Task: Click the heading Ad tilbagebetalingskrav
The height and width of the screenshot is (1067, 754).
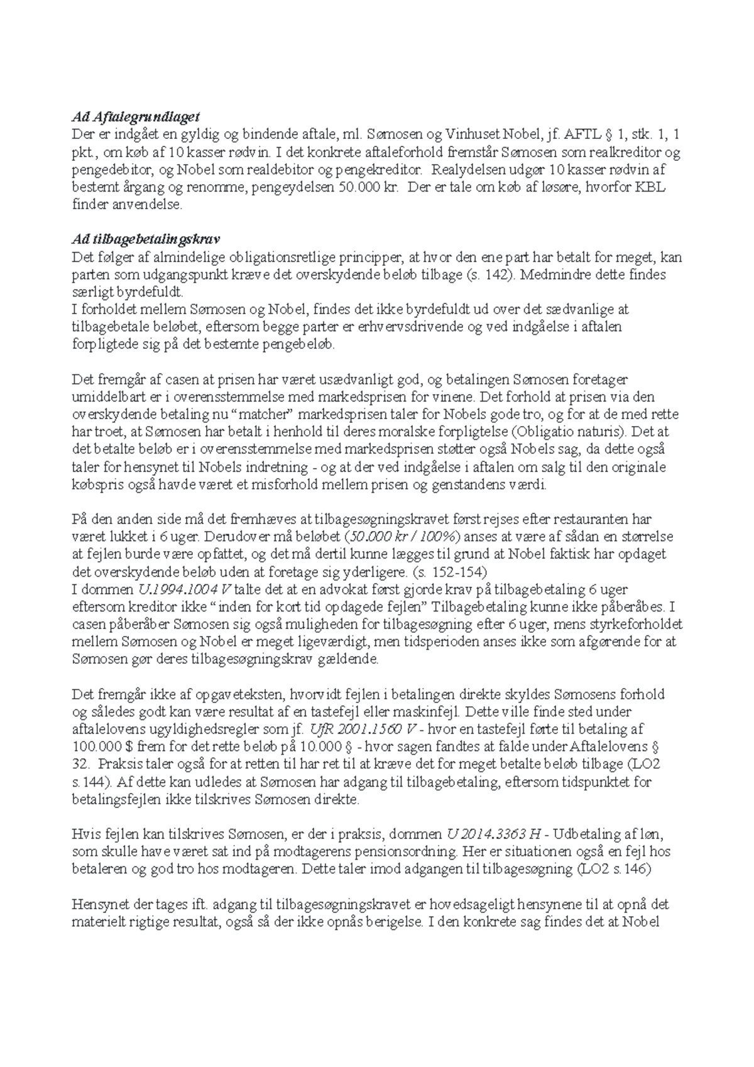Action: coord(146,239)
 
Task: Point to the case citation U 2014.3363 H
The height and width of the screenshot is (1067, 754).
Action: coord(493,834)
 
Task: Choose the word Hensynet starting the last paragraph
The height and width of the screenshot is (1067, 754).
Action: coord(98,905)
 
